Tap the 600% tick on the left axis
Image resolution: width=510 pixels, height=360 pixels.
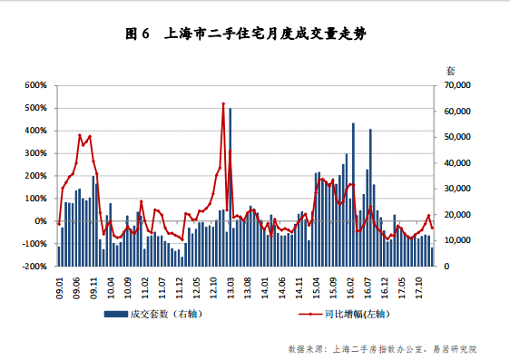pyautogui.click(x=35, y=85)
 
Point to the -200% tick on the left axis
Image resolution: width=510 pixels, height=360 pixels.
pyautogui.click(x=34, y=267)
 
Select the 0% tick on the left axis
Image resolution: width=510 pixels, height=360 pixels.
pyautogui.click(x=42, y=221)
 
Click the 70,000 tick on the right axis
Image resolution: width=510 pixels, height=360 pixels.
pyautogui.click(x=456, y=85)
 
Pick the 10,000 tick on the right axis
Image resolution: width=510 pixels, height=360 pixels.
pyautogui.click(x=456, y=240)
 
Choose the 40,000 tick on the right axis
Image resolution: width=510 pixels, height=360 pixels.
pyautogui.click(x=456, y=163)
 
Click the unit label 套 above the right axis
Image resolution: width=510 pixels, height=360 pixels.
pyautogui.click(x=451, y=69)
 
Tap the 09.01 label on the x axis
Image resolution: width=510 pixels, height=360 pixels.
pyautogui.click(x=59, y=287)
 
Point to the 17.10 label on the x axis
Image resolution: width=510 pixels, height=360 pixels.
pyautogui.click(x=421, y=287)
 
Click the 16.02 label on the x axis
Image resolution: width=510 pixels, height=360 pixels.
pyautogui.click(x=352, y=287)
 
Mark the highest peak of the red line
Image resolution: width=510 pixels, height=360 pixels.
pyautogui.click(x=223, y=103)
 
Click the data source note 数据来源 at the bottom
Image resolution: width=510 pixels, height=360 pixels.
pyautogui.click(x=381, y=348)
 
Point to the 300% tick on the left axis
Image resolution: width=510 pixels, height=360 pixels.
pyautogui.click(x=35, y=153)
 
